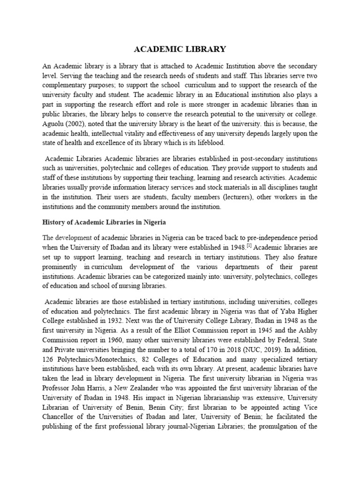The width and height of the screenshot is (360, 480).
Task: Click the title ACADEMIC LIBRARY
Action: (180, 49)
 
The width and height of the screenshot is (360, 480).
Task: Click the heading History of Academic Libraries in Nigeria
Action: (104, 222)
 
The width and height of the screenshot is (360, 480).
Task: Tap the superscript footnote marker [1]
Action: (250, 245)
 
